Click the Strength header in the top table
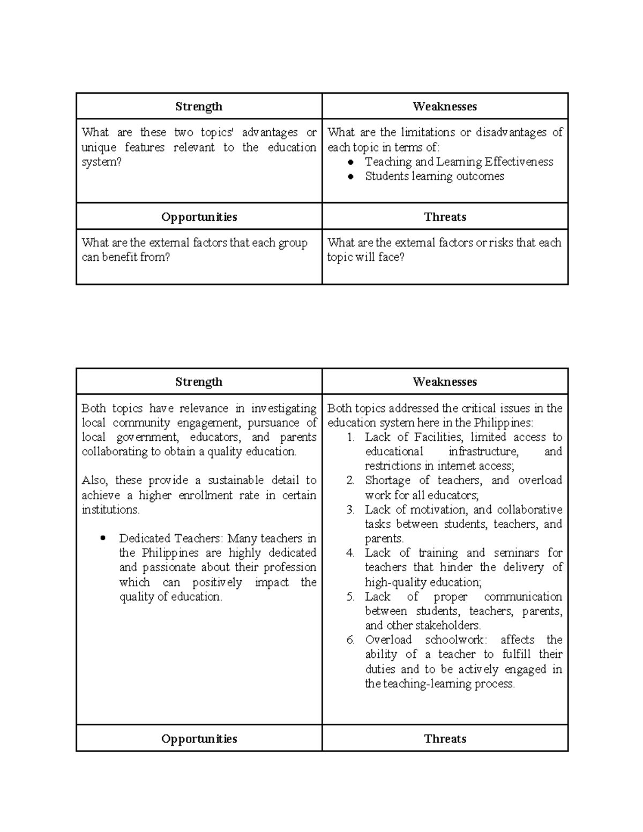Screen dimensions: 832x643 (199, 107)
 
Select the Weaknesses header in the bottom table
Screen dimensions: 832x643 (445, 382)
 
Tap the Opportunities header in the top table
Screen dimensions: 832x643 (199, 217)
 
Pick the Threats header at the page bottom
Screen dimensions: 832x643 (445, 739)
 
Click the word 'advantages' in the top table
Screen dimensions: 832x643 (270, 132)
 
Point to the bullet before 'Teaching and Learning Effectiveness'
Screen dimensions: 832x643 (350, 162)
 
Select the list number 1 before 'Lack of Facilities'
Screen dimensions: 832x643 (350, 437)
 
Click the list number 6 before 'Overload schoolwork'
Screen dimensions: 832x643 (350, 640)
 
